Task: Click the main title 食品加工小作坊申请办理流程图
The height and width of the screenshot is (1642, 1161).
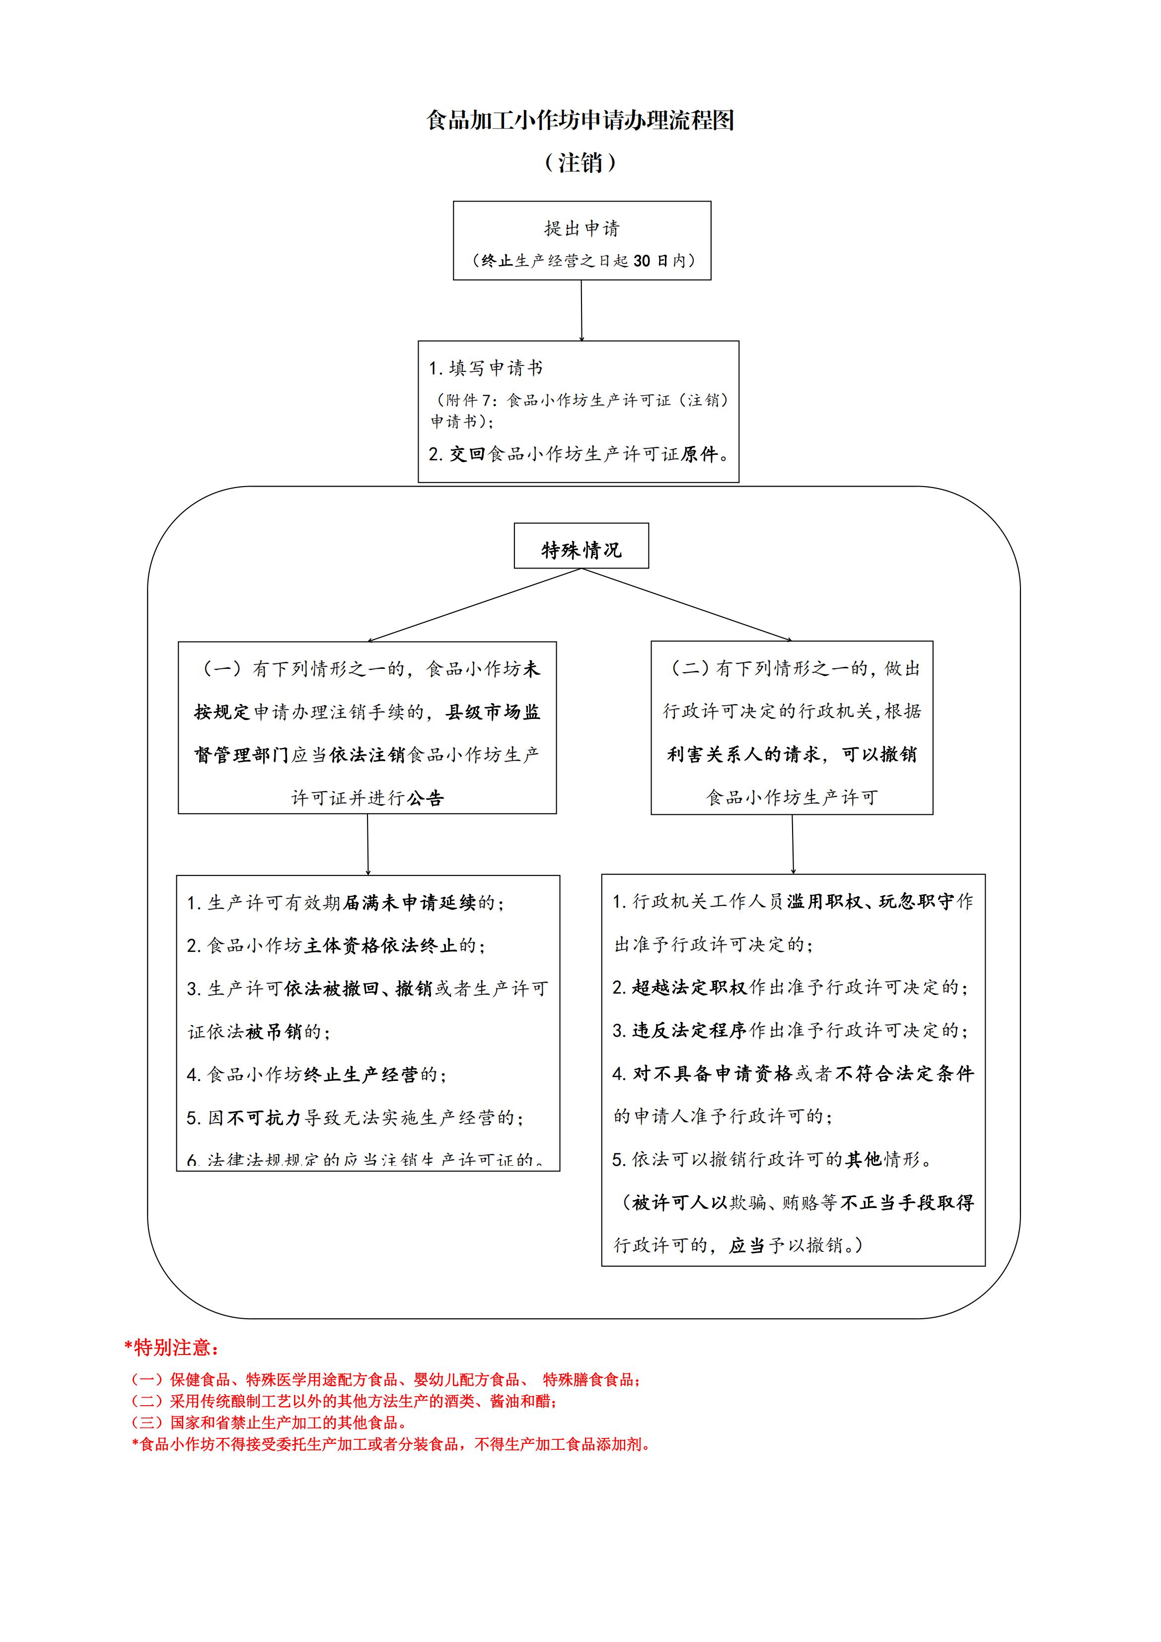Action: click(580, 120)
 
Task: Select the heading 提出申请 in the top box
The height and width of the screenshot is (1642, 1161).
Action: click(581, 228)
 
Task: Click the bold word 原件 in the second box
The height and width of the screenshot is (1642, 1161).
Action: click(699, 454)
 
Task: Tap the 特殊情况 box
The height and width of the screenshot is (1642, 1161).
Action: click(581, 550)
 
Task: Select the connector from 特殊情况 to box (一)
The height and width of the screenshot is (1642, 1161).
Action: click(474, 605)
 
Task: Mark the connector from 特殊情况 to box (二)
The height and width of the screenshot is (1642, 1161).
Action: click(687, 605)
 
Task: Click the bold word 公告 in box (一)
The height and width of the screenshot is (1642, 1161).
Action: click(426, 798)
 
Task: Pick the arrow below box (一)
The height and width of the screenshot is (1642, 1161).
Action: click(367, 845)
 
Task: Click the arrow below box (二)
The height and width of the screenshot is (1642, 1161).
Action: click(793, 845)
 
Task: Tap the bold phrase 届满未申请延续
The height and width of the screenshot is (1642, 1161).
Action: click(410, 903)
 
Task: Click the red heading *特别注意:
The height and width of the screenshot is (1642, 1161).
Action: click(172, 1348)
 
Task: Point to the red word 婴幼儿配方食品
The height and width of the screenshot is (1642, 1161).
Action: click(466, 1380)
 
